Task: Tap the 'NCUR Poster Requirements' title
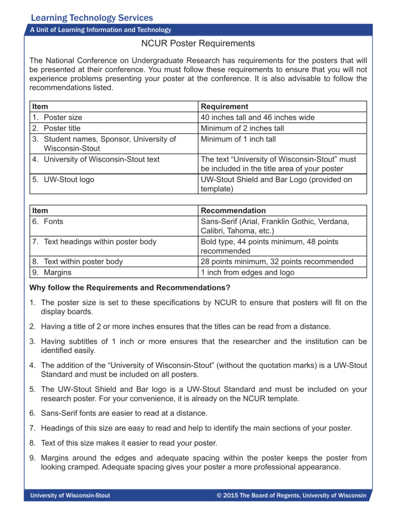[x=197, y=44]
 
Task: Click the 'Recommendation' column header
[x=233, y=211]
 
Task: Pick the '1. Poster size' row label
[x=57, y=117]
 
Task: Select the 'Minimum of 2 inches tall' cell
[x=242, y=128]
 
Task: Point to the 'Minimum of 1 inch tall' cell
[x=240, y=138]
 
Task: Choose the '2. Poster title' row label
[x=56, y=128]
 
